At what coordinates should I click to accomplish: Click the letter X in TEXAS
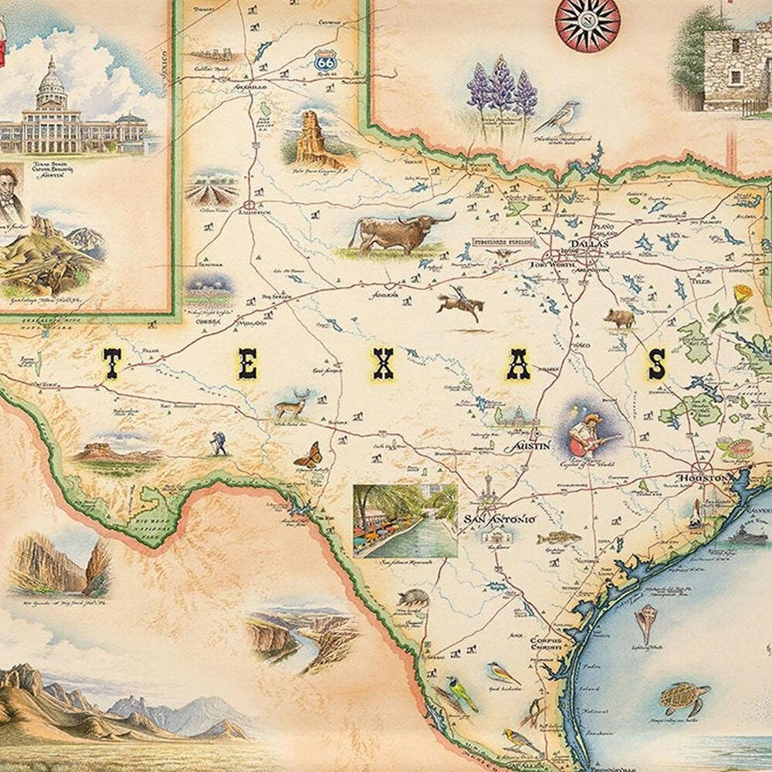point(384,364)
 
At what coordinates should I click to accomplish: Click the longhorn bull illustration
point(394,231)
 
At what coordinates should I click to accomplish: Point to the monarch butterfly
point(308,455)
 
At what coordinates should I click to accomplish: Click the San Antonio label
point(498,520)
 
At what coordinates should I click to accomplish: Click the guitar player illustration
point(591,433)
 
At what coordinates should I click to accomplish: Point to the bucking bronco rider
point(461,303)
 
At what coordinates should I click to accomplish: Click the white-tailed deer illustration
point(294,405)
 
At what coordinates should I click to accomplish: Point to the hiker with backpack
point(218,442)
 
